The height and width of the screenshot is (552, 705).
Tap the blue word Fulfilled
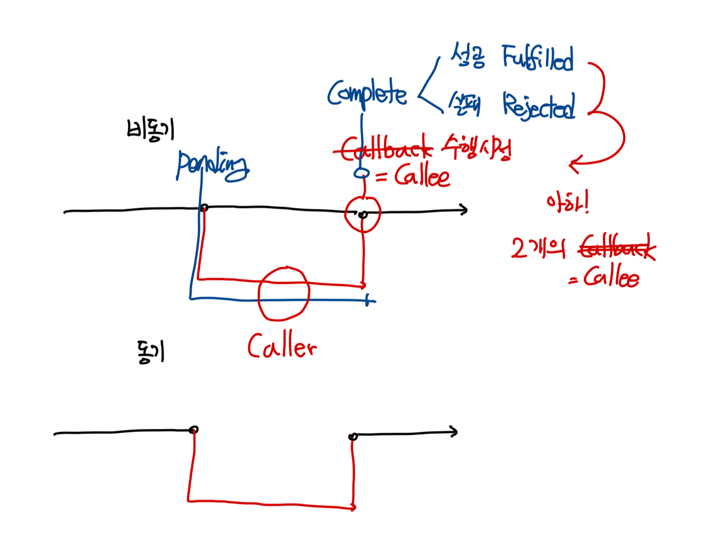click(x=537, y=58)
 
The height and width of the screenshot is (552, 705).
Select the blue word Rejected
click(x=539, y=106)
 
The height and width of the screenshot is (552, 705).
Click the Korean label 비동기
click(x=150, y=129)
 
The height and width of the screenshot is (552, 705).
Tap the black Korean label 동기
click(x=150, y=352)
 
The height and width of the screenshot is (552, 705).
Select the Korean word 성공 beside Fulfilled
click(x=467, y=56)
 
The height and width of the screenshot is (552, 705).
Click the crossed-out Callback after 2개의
click(x=616, y=248)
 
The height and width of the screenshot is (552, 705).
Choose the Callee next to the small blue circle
click(x=422, y=176)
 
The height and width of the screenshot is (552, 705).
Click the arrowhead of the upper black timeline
click(x=465, y=210)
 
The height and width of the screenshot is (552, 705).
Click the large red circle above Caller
click(x=284, y=293)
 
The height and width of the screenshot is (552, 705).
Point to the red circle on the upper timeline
click(x=363, y=214)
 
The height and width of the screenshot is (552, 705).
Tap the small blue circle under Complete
click(x=362, y=173)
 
